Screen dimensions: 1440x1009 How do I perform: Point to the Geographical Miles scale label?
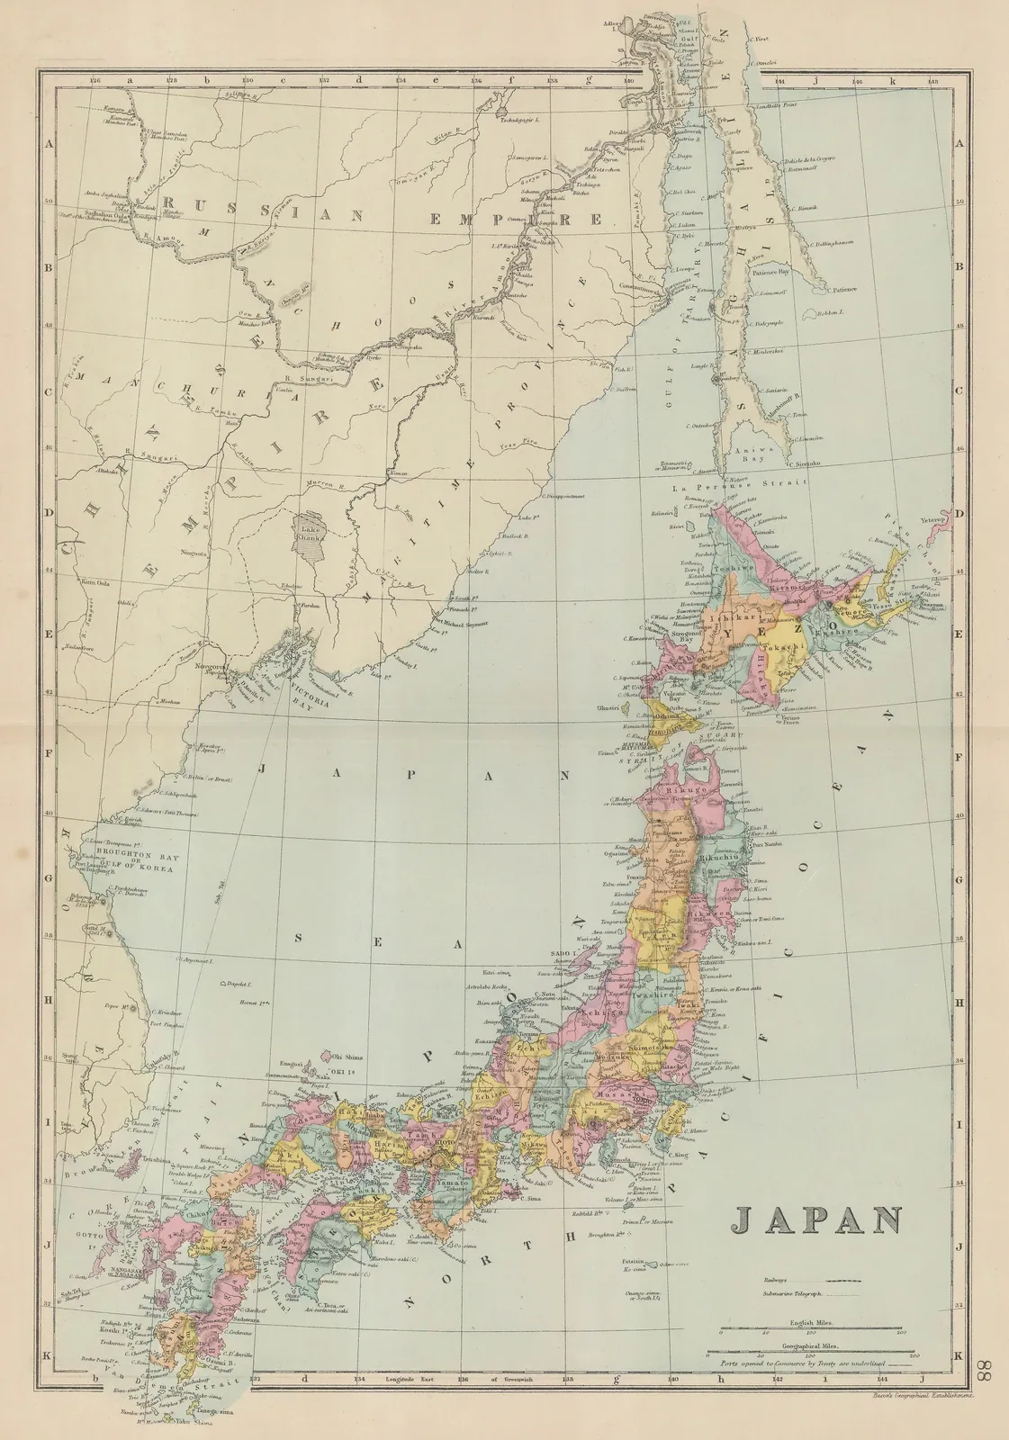click(814, 1345)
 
